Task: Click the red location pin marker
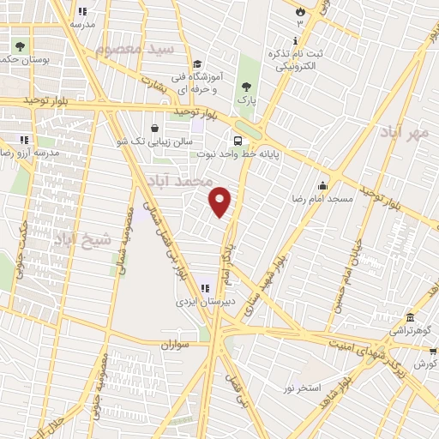(221, 201)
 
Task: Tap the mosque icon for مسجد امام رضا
(322, 185)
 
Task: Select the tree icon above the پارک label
(247, 86)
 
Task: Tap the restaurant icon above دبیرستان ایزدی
(204, 288)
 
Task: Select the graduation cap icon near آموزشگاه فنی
(197, 64)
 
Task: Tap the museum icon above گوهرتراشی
(411, 316)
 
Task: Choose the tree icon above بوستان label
(20, 45)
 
